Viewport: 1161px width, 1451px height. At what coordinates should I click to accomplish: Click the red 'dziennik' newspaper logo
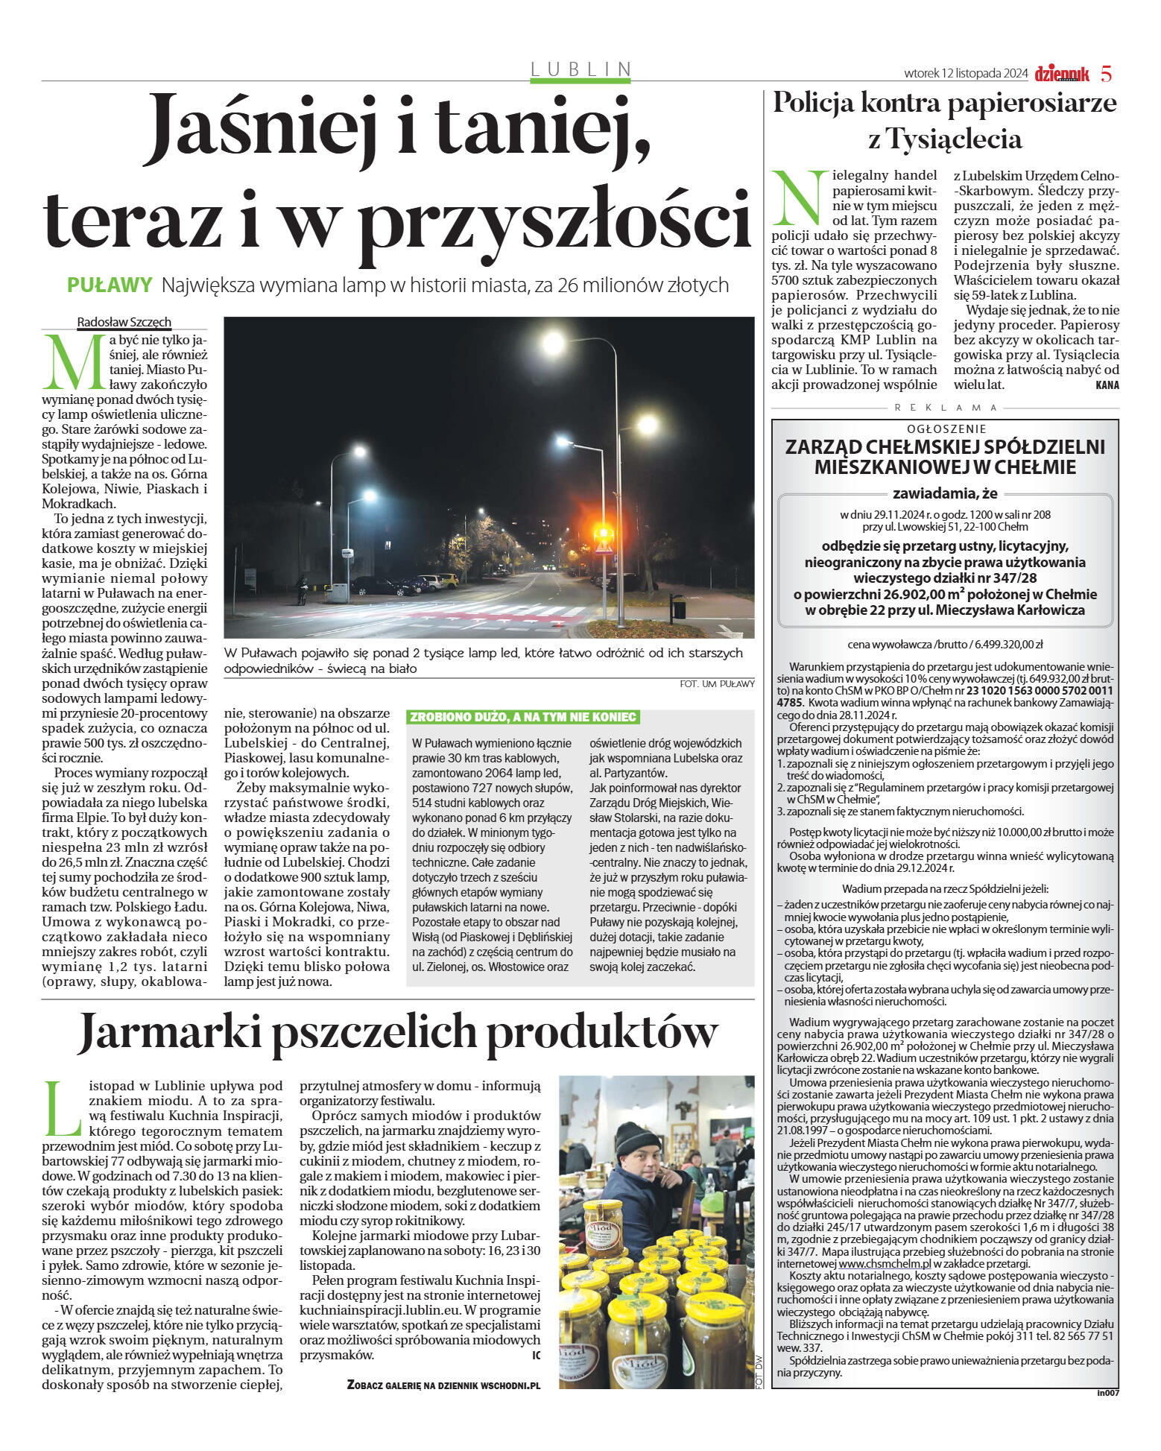(1061, 74)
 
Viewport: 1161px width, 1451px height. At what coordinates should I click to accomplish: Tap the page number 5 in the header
(1106, 74)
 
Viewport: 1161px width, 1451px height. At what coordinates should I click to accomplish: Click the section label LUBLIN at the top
(580, 69)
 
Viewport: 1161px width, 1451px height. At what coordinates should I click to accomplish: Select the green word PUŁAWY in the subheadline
(110, 285)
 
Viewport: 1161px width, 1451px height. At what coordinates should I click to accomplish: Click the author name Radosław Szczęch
(124, 322)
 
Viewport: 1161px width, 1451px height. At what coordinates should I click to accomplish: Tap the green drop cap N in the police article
(800, 198)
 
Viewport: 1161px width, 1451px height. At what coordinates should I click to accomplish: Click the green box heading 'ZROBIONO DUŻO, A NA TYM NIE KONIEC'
(522, 717)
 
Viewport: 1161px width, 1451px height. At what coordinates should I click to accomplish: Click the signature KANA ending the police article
(1107, 385)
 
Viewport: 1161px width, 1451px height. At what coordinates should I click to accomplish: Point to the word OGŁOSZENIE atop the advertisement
(946, 429)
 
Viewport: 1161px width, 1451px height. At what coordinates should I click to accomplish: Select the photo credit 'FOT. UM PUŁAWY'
(717, 683)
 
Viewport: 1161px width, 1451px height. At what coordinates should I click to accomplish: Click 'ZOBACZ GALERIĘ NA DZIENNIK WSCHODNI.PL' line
(443, 1385)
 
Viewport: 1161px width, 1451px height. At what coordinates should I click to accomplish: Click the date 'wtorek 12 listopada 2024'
(966, 74)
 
